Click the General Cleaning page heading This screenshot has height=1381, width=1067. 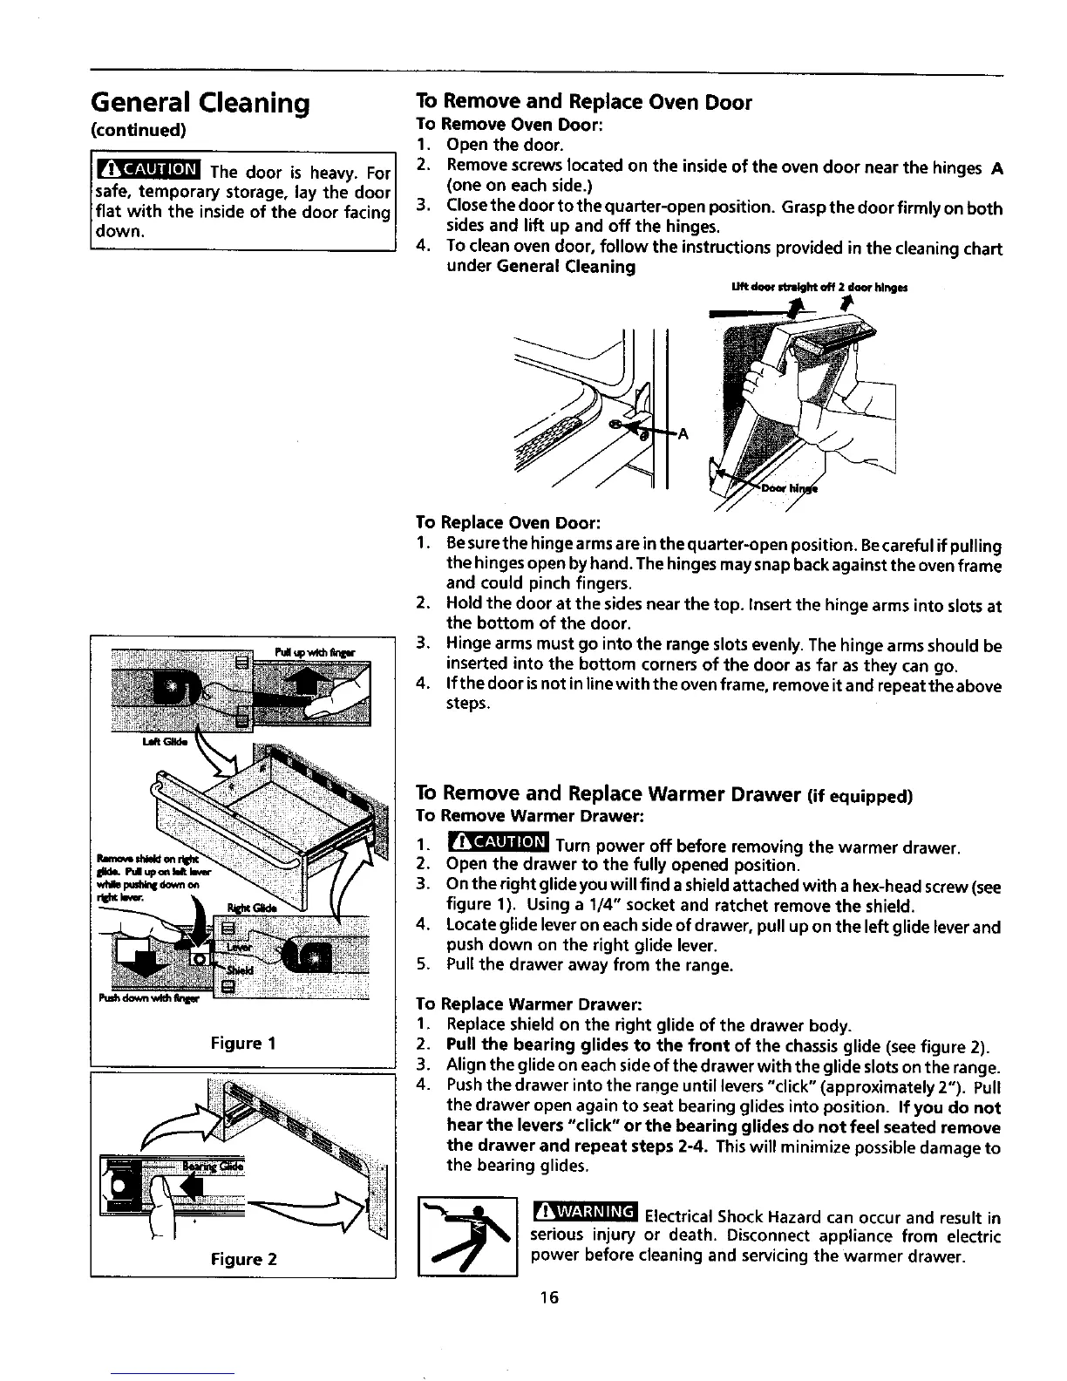200,105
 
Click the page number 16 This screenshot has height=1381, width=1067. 547,1298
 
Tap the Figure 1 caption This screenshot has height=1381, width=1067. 243,1043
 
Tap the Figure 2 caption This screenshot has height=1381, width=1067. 243,1259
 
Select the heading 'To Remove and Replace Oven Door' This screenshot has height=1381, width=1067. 583,103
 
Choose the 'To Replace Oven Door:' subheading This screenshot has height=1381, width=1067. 507,522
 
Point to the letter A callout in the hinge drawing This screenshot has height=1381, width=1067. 683,434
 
